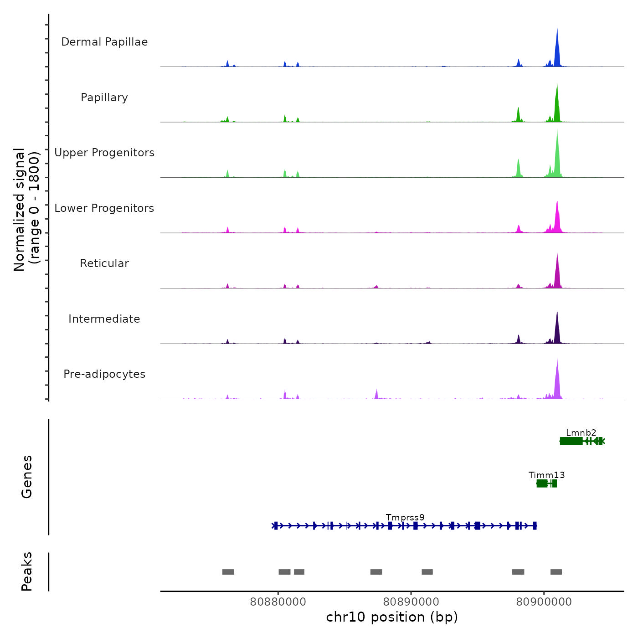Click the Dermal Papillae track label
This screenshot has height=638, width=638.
pyautogui.click(x=104, y=42)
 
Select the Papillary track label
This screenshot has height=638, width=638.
pyautogui.click(x=104, y=98)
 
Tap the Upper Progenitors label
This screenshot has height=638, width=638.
pyautogui.click(x=104, y=153)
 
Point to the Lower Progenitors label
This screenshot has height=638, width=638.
pyautogui.click(x=104, y=208)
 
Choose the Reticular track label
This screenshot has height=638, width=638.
pyautogui.click(x=104, y=263)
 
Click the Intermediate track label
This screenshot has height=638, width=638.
pyautogui.click(x=104, y=319)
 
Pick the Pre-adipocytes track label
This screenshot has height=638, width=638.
pyautogui.click(x=104, y=374)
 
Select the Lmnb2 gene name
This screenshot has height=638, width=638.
pyautogui.click(x=581, y=432)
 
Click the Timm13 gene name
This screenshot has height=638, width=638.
pyautogui.click(x=546, y=475)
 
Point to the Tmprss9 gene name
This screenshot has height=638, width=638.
pyautogui.click(x=405, y=517)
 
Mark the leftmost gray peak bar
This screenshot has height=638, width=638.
pyautogui.click(x=228, y=572)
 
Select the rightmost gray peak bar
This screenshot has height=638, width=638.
pyautogui.click(x=556, y=572)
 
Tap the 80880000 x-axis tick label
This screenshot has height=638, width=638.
pyautogui.click(x=278, y=602)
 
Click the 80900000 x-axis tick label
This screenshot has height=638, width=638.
pyautogui.click(x=544, y=602)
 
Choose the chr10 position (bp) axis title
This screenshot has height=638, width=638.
pyautogui.click(x=392, y=617)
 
